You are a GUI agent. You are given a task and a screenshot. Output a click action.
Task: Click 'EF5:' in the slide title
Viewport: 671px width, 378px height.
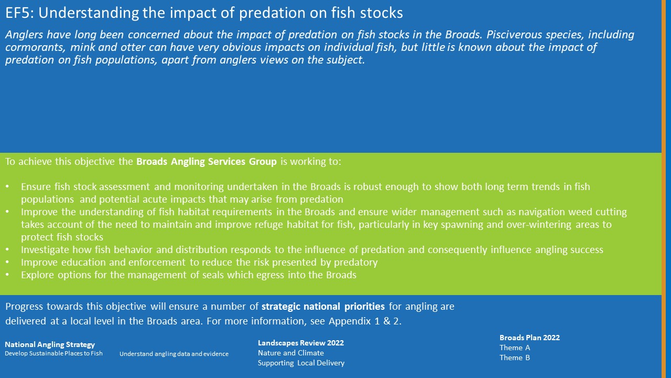20,13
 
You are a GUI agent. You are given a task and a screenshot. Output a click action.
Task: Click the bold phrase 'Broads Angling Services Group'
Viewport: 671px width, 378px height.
207,162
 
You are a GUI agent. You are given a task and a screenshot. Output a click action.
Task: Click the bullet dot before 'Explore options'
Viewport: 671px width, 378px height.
7,275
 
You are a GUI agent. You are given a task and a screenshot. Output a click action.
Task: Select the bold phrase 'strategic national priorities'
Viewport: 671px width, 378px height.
323,307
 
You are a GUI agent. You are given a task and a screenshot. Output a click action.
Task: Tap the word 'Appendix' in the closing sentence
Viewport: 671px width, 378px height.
350,321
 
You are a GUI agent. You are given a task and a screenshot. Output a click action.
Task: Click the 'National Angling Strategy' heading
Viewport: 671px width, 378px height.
50,345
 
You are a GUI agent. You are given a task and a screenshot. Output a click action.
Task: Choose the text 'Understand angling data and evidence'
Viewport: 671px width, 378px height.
174,354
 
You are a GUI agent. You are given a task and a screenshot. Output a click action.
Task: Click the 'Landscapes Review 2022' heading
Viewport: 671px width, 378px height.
301,343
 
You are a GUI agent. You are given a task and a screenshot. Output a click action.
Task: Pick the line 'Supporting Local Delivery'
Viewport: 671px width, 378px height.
301,363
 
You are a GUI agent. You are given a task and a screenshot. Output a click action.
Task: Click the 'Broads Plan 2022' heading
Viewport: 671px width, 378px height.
529,338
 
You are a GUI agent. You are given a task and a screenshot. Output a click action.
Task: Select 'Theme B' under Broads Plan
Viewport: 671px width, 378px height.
515,358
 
